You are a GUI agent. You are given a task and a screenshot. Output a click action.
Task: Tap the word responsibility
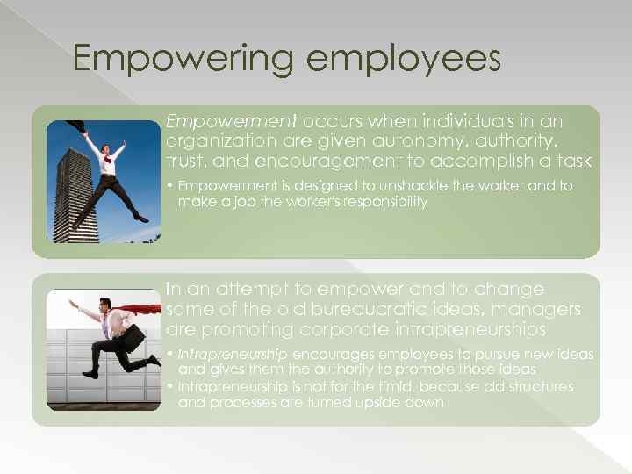pyautogui.click(x=379, y=201)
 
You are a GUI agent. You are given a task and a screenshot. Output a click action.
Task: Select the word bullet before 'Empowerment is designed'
pyautogui.click(x=170, y=186)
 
